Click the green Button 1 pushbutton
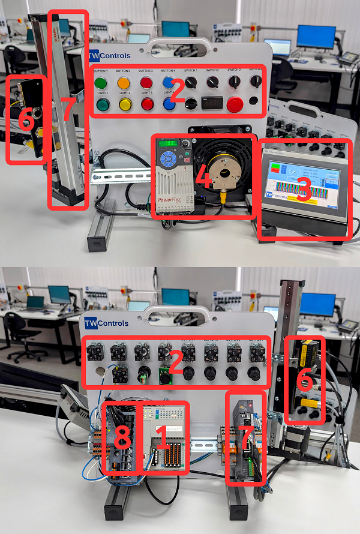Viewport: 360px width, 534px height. tap(100, 82)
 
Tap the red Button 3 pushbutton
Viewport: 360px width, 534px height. tap(147, 82)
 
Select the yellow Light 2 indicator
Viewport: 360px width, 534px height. tap(125, 105)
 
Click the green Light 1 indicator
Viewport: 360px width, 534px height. tap(101, 105)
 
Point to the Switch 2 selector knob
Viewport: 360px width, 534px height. tap(212, 82)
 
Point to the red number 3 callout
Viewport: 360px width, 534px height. tap(303, 191)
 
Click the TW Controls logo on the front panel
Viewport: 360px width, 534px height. tap(107, 56)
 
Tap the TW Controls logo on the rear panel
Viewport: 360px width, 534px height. tap(106, 323)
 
